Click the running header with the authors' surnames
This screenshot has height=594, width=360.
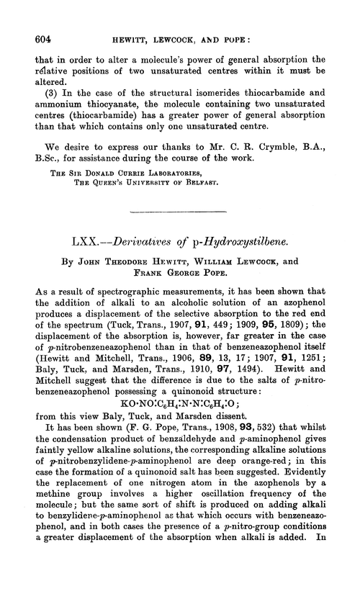tap(179, 24)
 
